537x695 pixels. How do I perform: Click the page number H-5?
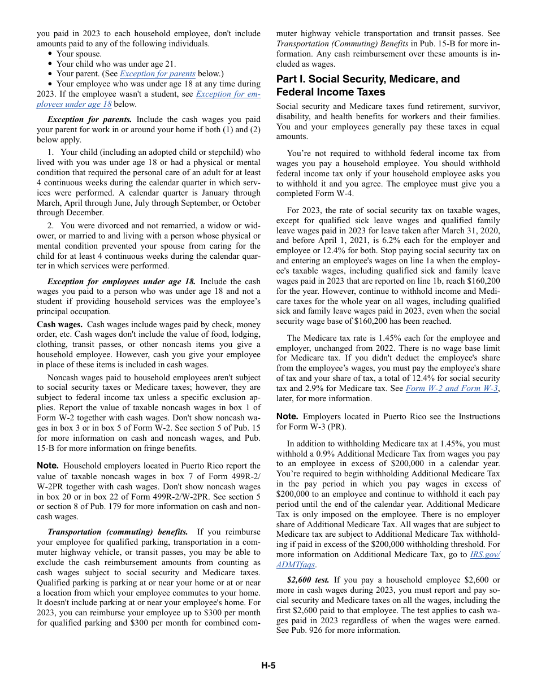tap(268, 665)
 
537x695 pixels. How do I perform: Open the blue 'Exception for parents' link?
tap(158, 73)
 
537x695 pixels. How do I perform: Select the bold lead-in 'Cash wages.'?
tap(60, 324)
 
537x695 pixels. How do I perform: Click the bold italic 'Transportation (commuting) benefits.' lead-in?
tap(118, 532)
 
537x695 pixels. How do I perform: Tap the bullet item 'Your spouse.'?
tap(79, 54)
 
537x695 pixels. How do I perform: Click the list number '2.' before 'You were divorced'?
tap(51, 225)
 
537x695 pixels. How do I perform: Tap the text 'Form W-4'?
tap(337, 194)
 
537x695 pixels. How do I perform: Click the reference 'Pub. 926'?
tap(309, 631)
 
